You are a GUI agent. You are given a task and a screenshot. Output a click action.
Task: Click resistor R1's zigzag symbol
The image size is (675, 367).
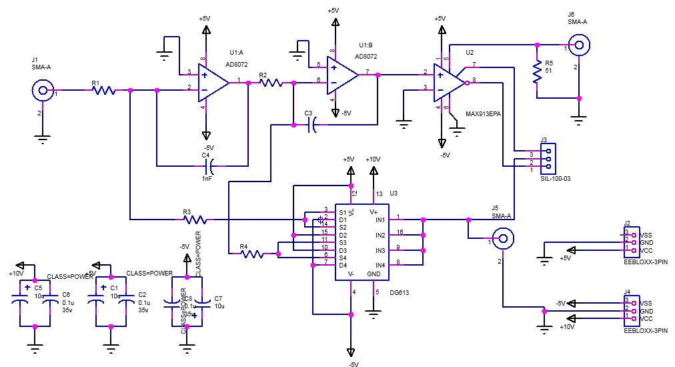coord(104,90)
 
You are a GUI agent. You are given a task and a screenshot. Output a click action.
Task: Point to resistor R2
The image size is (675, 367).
coord(271,83)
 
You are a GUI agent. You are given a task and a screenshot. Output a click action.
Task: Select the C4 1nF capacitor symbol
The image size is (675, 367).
coord(211,165)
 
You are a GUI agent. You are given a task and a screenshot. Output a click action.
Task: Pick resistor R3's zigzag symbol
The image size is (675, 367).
coord(195,218)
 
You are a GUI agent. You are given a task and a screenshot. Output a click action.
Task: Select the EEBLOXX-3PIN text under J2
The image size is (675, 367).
coord(640,264)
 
